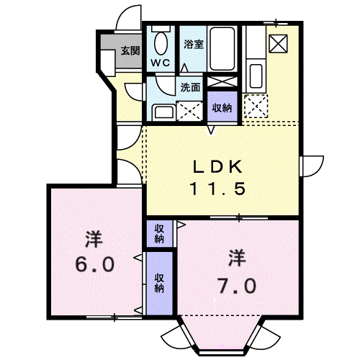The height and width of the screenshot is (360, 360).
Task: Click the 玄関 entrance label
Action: point(130,50)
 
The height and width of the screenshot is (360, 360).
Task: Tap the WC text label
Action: point(159,62)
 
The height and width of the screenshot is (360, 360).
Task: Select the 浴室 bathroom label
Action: point(192,44)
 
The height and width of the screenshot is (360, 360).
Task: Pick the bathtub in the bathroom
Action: point(223,49)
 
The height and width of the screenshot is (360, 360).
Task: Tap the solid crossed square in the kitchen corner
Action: point(277,42)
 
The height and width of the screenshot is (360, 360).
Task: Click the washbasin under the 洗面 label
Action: point(161,112)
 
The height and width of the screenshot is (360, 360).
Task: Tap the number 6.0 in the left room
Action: point(93,264)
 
